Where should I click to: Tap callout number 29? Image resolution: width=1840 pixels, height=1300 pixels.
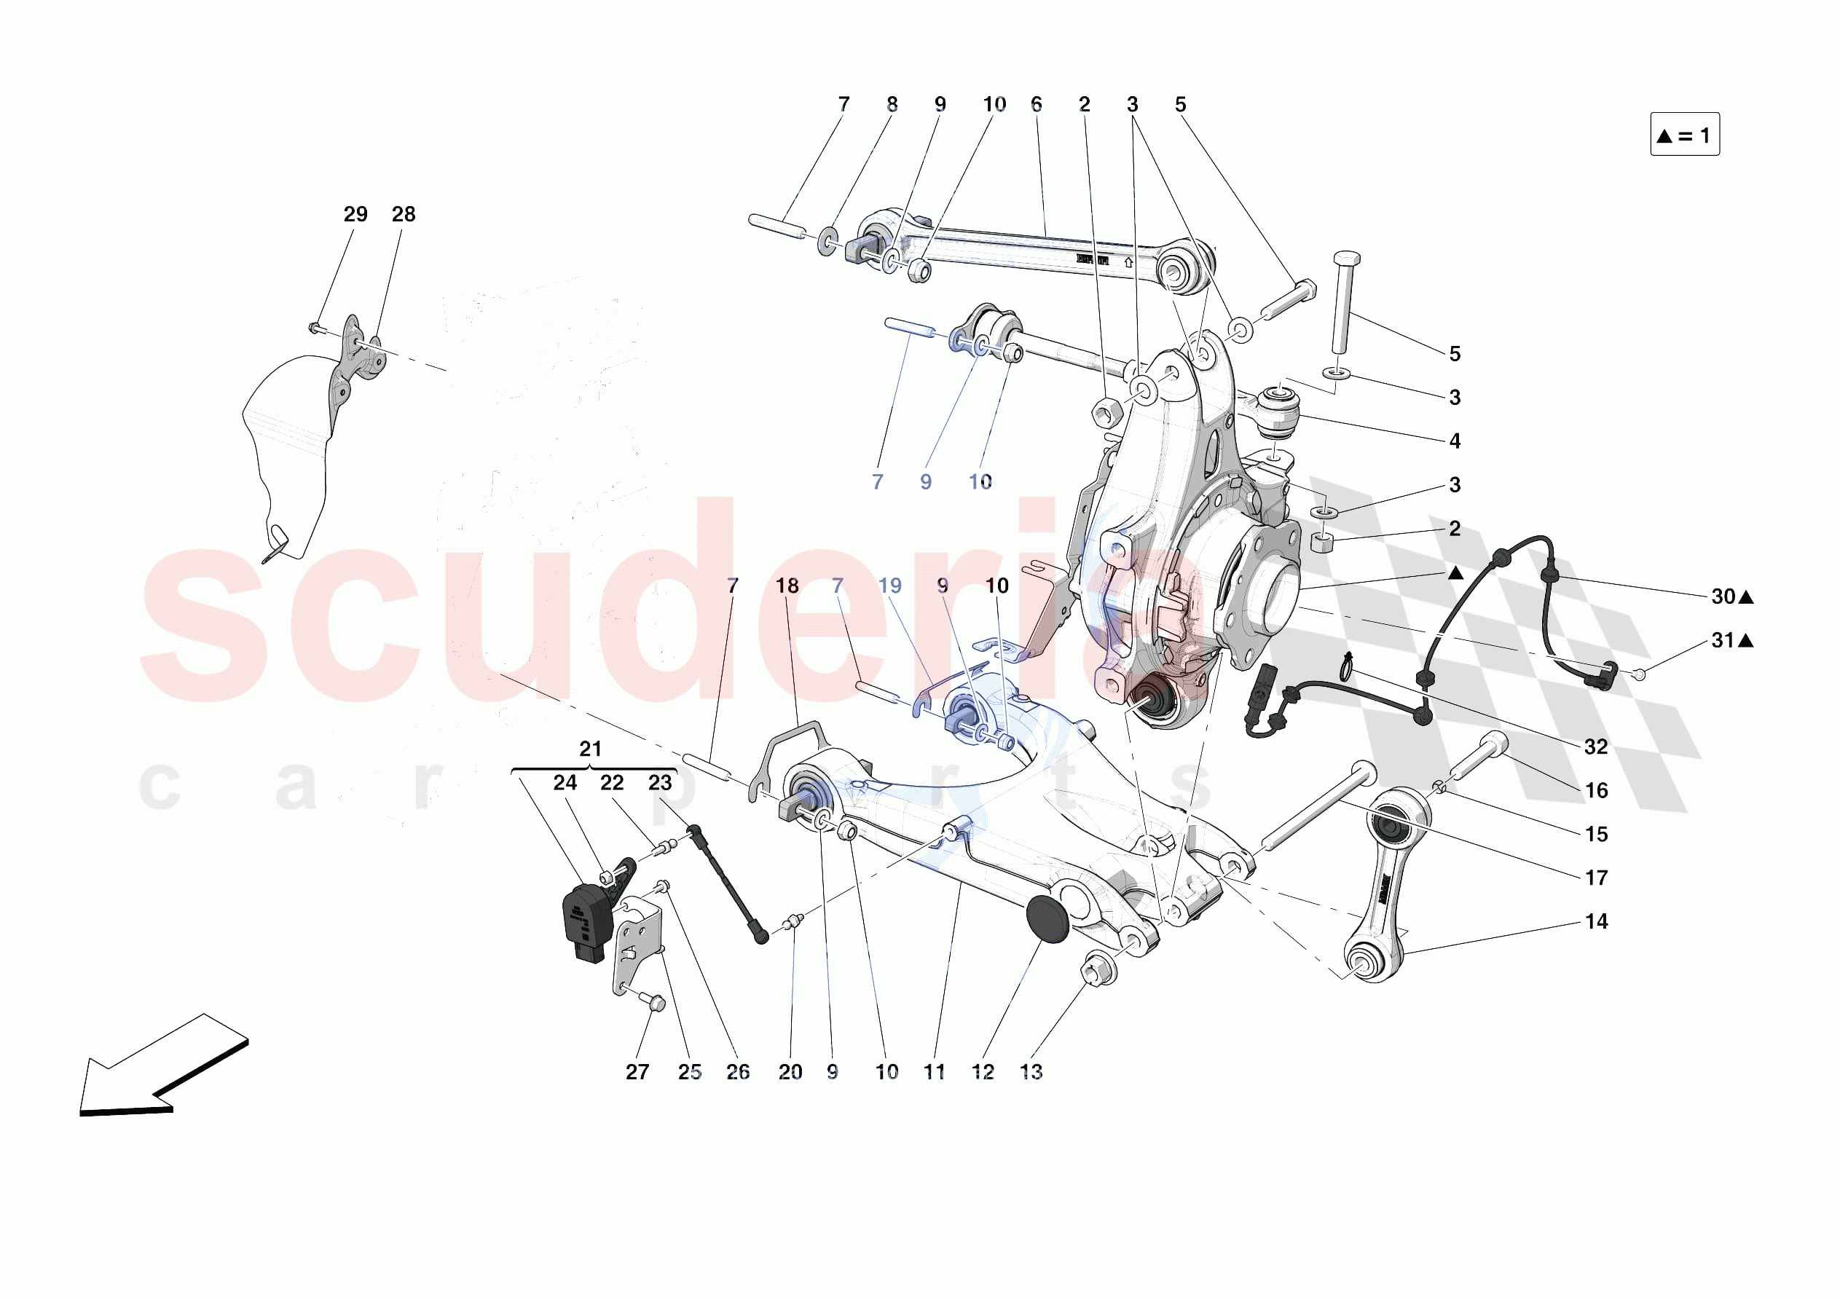pos(355,214)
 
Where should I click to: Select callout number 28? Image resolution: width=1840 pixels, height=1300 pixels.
pos(403,214)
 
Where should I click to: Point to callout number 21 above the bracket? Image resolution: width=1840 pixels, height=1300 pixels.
pos(591,749)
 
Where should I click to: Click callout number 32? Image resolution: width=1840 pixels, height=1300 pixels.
pos(1595,746)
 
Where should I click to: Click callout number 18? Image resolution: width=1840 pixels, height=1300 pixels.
pos(787,586)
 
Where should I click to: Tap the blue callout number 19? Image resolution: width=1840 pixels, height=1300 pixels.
pos(889,586)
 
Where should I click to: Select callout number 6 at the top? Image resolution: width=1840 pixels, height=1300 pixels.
pos(1037,104)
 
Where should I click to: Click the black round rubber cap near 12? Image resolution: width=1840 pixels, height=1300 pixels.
pos(1047,919)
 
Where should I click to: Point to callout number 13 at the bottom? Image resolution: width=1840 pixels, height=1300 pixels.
pos(1031,1071)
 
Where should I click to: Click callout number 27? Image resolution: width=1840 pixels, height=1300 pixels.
pos(637,1071)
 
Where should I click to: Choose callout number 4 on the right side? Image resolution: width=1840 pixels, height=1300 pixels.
pos(1455,441)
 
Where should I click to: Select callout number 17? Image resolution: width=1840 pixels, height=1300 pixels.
pos(1595,878)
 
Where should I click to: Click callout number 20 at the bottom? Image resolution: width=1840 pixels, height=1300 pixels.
pos(790,1071)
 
